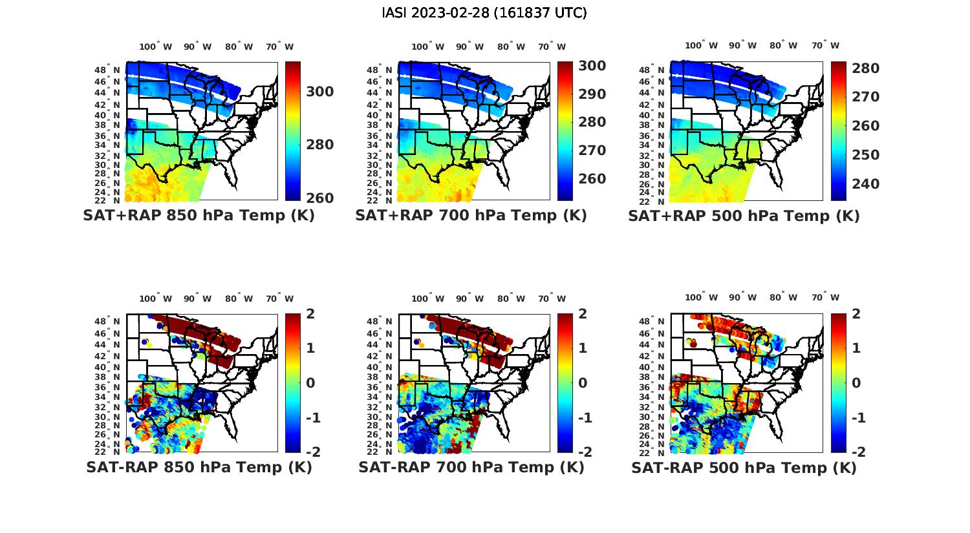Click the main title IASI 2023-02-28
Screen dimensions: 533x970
pyautogui.click(x=484, y=13)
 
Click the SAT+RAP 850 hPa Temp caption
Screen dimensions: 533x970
pyautogui.click(x=199, y=216)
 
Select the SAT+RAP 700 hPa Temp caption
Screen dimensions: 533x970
pyautogui.click(x=471, y=216)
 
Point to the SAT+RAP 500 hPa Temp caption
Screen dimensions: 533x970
pyautogui.click(x=744, y=216)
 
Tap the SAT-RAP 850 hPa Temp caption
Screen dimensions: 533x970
pyautogui.click(x=199, y=467)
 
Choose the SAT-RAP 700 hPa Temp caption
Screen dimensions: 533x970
pyautogui.click(x=471, y=467)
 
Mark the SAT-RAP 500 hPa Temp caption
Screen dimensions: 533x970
pyautogui.click(x=744, y=468)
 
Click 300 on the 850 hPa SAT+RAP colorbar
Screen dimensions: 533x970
pyautogui.click(x=320, y=92)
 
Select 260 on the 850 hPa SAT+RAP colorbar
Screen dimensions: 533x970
pyautogui.click(x=320, y=198)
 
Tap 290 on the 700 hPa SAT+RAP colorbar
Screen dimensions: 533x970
pyautogui.click(x=592, y=94)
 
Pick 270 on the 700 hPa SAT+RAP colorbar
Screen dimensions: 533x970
pyautogui.click(x=592, y=151)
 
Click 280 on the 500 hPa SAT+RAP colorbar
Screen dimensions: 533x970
pyautogui.click(x=866, y=68)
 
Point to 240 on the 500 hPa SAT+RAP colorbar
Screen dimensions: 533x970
pyautogui.click(x=866, y=184)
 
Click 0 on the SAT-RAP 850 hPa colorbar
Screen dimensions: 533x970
pyautogui.click(x=310, y=383)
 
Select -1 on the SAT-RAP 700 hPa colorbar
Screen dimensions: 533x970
pyautogui.click(x=584, y=418)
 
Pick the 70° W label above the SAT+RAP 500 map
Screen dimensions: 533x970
pyautogui.click(x=825, y=46)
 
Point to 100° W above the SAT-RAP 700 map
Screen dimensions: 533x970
pyautogui.click(x=427, y=298)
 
